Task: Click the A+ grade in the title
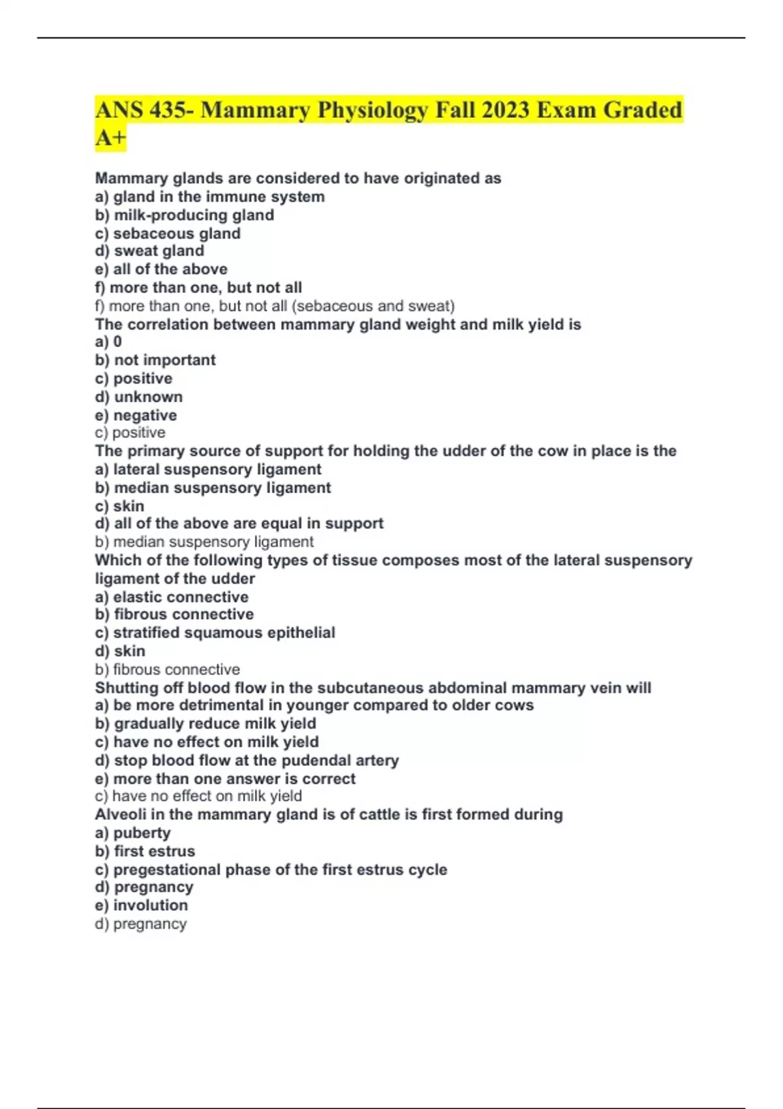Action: click(110, 138)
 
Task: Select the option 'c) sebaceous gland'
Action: click(168, 234)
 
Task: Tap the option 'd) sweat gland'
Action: click(149, 251)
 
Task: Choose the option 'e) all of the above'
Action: click(161, 269)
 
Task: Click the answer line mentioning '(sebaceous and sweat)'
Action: click(275, 306)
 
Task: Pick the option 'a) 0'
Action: click(108, 342)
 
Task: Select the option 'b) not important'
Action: click(155, 360)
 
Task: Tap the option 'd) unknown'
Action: click(139, 397)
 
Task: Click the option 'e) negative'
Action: click(136, 416)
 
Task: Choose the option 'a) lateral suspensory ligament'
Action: click(208, 470)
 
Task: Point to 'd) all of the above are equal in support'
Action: click(239, 524)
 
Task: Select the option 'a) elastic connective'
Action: click(172, 597)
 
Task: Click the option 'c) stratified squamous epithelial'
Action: click(215, 633)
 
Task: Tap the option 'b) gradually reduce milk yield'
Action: click(206, 723)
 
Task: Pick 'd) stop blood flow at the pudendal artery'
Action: click(247, 761)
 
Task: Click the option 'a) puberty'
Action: click(132, 833)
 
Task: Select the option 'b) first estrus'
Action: click(145, 851)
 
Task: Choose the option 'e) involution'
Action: click(141, 905)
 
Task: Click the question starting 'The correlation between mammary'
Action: click(338, 324)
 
